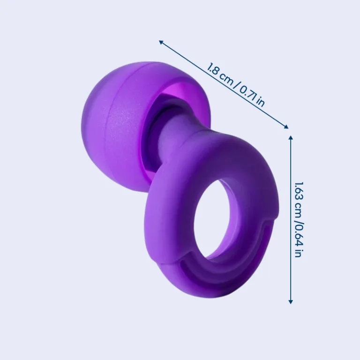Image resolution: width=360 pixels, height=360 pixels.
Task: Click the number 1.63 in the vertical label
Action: pos(299,191)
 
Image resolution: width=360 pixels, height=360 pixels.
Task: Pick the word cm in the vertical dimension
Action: pos(299,210)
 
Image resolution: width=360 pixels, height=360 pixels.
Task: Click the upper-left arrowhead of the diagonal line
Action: pos(161,42)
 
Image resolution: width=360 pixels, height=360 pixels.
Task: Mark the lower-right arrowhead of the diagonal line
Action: pos(286,127)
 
